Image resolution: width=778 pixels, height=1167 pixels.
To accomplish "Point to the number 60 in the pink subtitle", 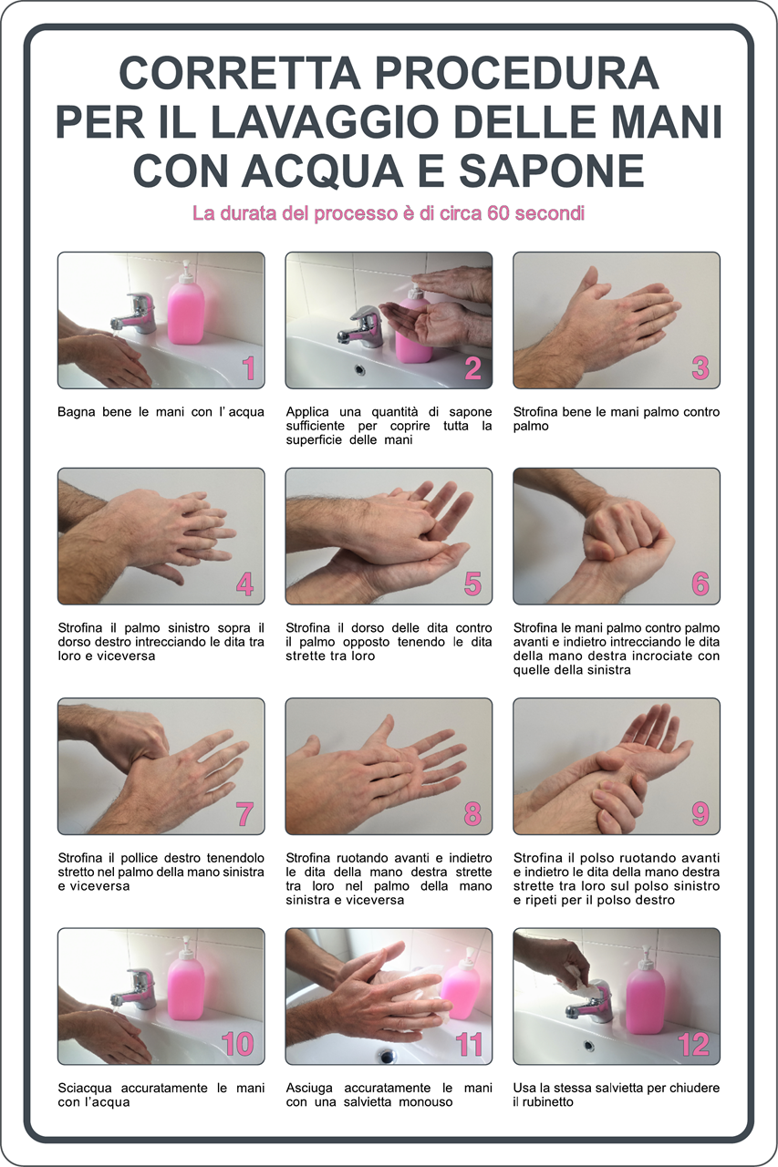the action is [499, 213].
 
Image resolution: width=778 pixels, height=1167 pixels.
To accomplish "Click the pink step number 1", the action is [249, 367].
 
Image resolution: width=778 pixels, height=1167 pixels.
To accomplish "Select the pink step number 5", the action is [472, 583].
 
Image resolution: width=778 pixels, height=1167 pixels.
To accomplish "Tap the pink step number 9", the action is [700, 814].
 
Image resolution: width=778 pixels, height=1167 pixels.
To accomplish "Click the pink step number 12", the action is [693, 1044].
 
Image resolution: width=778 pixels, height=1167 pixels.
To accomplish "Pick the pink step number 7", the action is [245, 814].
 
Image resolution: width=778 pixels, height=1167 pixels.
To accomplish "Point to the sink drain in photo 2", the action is [359, 370].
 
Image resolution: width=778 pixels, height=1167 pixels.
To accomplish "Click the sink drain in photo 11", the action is [387, 1056].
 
